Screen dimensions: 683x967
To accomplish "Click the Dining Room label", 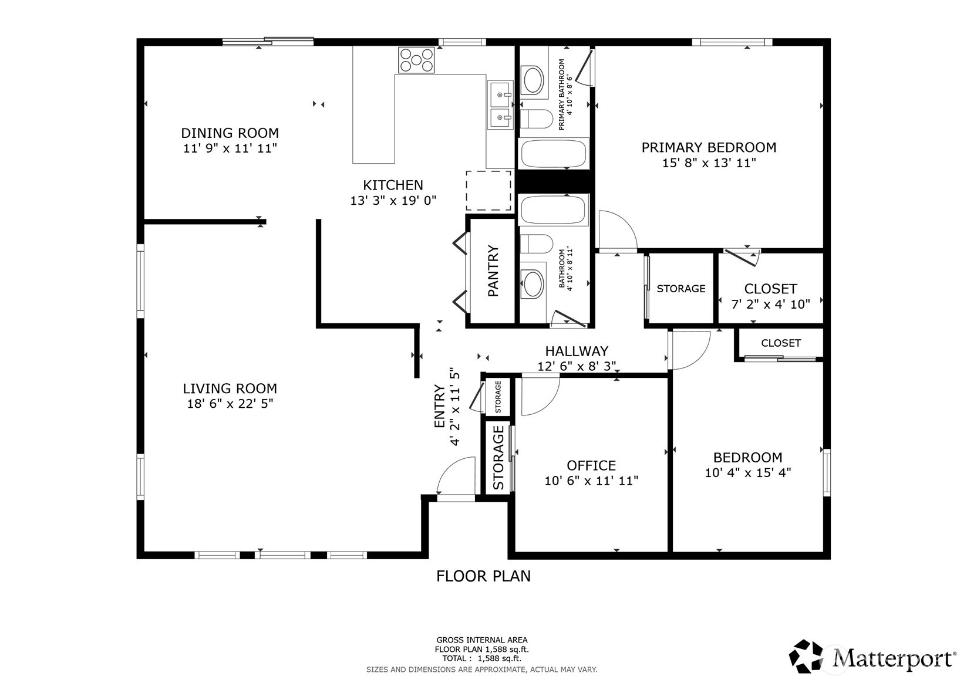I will (230, 133).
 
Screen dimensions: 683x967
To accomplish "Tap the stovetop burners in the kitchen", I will (416, 59).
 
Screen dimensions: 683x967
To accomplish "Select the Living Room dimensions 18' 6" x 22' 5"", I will (230, 404).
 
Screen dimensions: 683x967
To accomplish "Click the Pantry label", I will (493, 271).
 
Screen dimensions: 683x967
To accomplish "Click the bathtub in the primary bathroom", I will (553, 153).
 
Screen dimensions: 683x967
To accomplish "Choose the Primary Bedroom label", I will (709, 147).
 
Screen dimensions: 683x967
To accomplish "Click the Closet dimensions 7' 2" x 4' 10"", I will (770, 304).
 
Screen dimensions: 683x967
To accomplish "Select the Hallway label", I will (577, 351).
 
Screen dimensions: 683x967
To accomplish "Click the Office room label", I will (591, 465).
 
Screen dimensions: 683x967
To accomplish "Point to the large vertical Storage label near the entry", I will (498, 458).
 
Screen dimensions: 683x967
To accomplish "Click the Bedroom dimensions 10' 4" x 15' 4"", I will (747, 473).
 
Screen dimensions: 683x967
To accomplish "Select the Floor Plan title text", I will (483, 576).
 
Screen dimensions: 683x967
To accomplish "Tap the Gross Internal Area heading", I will (481, 640).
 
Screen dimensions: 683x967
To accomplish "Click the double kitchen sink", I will (500, 106).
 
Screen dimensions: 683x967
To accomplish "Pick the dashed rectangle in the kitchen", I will (488, 190).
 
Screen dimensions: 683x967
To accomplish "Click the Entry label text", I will (440, 405).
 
